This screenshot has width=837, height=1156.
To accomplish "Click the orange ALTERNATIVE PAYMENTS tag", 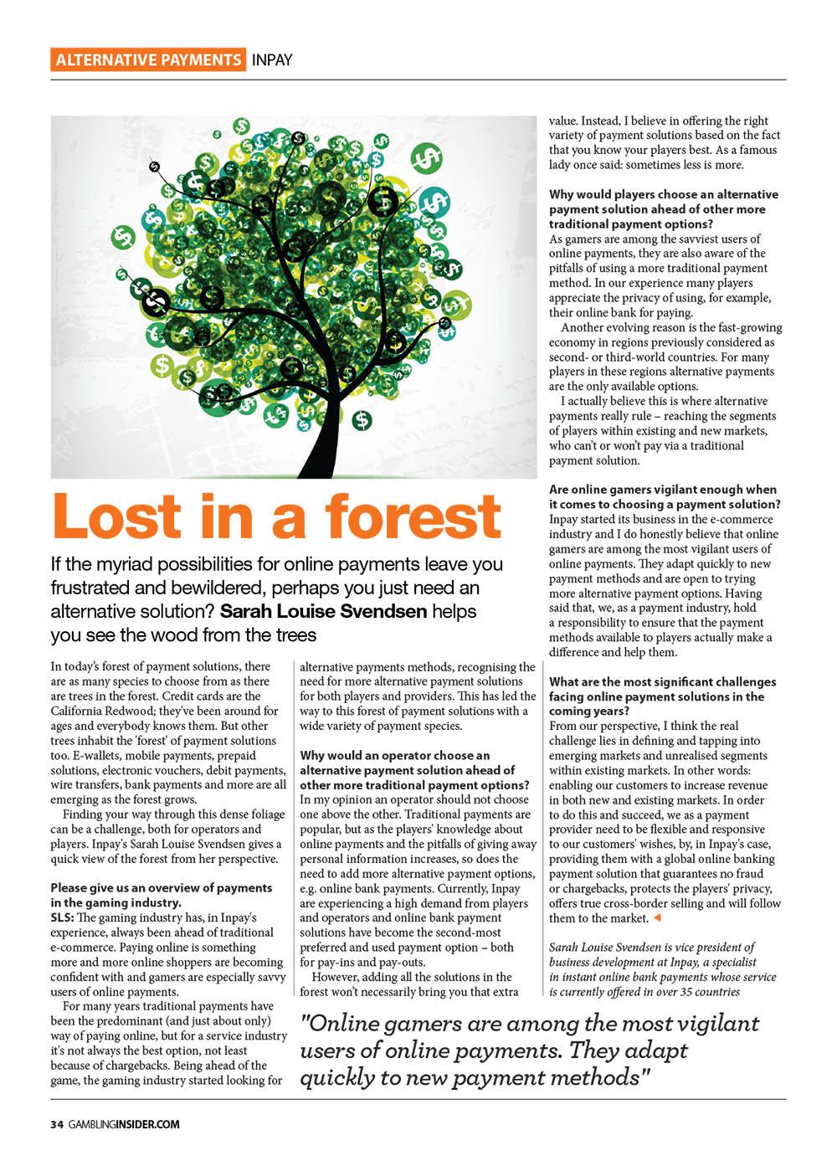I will tap(147, 59).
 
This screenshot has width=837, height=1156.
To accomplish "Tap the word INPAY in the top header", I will tap(272, 60).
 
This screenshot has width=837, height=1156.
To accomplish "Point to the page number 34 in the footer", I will tap(57, 1124).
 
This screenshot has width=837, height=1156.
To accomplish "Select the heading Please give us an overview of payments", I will tap(162, 887).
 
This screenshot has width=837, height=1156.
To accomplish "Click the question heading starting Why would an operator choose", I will tap(395, 755).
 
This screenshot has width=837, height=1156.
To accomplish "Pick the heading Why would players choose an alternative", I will tap(663, 194).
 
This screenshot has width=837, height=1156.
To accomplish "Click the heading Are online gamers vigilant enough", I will tap(662, 489).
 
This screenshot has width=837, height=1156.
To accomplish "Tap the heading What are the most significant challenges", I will tap(662, 681).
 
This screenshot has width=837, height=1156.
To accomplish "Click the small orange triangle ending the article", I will tap(656, 918).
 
